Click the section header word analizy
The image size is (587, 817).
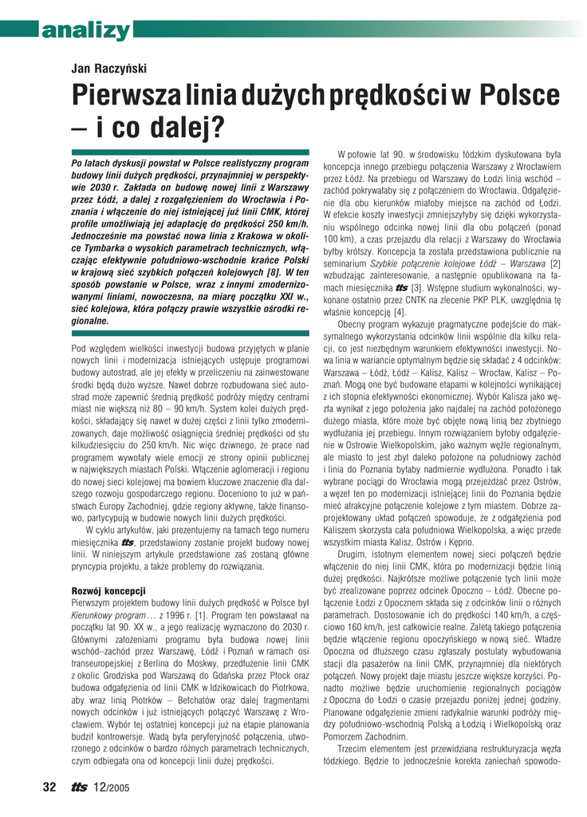[87, 31]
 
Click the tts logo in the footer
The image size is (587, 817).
[78, 787]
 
